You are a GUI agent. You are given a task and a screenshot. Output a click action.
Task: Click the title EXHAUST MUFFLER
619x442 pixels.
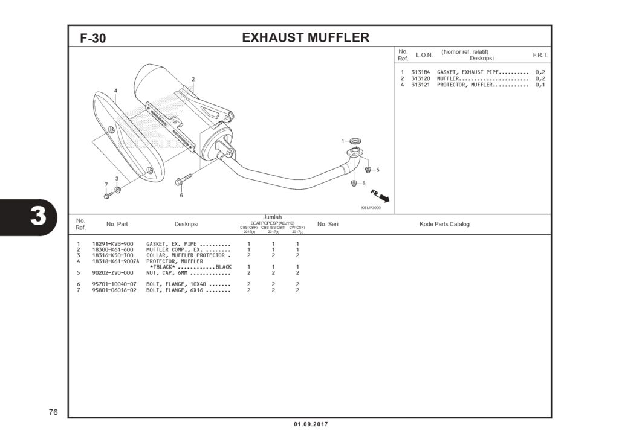[x=305, y=37]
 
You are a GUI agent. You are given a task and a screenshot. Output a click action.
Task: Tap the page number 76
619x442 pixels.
[x=53, y=412]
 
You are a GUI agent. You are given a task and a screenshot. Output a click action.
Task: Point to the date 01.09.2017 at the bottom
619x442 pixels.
[x=311, y=424]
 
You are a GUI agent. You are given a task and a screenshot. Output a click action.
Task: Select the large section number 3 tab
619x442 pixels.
[x=37, y=216]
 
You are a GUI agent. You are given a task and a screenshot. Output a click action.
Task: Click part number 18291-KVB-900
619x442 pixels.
[x=112, y=244]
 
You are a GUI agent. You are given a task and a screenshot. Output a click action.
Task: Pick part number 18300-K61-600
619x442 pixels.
[x=112, y=249]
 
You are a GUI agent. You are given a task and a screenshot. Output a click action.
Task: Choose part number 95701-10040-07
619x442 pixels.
[x=114, y=284]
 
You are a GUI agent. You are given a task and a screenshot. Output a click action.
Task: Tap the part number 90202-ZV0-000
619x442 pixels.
[x=112, y=272]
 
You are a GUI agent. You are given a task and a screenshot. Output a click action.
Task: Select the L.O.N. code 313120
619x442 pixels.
[x=421, y=78]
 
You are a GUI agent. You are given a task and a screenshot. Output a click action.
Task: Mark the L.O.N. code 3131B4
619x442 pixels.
[x=421, y=72]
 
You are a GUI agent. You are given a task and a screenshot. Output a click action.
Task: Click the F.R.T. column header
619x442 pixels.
[x=540, y=55]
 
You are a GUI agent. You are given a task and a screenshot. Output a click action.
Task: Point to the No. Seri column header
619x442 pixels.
[x=328, y=224]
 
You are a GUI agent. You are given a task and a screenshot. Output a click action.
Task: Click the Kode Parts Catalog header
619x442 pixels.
[x=444, y=224]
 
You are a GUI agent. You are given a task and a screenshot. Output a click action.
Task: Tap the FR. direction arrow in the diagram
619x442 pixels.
[x=381, y=196]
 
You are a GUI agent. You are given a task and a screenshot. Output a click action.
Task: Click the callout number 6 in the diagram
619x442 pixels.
[x=181, y=195]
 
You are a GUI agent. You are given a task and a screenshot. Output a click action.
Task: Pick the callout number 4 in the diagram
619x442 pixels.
[x=115, y=91]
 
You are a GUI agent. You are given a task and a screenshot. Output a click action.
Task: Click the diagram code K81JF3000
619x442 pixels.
[x=371, y=208]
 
